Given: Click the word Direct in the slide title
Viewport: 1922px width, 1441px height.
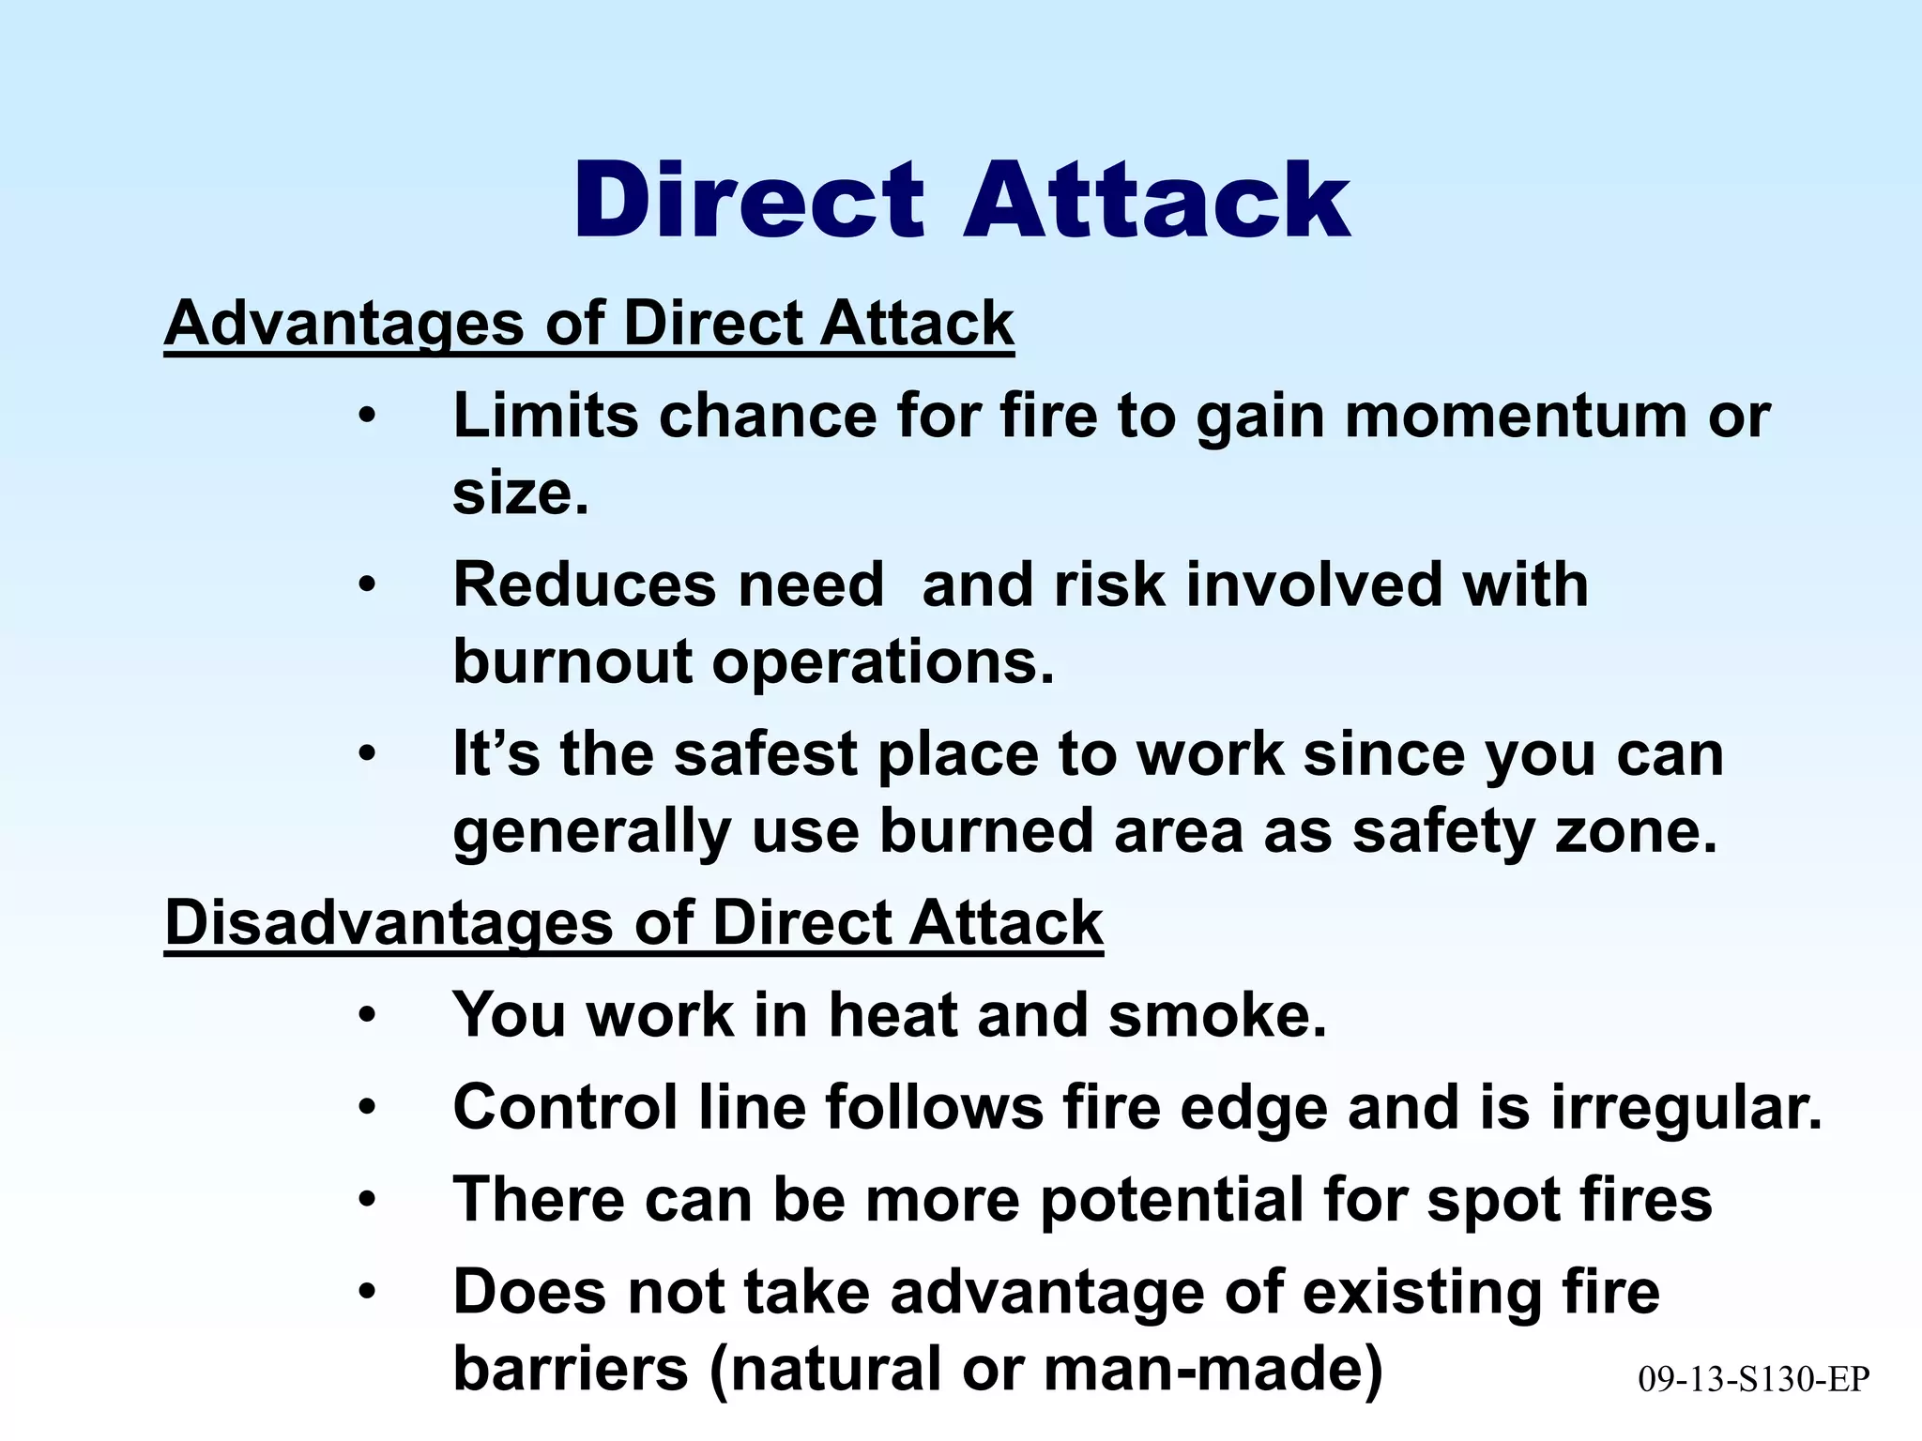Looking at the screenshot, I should click(x=748, y=201).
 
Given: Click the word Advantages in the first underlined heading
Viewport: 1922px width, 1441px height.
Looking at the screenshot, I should click(x=343, y=324).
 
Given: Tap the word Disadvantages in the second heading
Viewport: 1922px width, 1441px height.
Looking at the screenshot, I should click(x=389, y=923).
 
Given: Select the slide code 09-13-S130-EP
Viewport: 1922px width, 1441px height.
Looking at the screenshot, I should click(x=1754, y=1379).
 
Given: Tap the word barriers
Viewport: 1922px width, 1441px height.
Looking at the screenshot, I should click(x=571, y=1368).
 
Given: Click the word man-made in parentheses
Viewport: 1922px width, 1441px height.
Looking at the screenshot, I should click(x=1213, y=1368).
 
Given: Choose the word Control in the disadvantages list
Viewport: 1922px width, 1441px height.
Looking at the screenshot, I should click(x=565, y=1107).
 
